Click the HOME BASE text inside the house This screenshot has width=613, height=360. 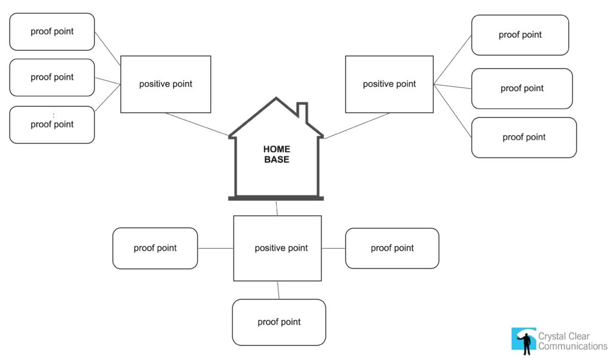point(277,154)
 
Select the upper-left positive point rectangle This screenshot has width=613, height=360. point(166,84)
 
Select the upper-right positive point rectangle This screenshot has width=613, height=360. point(389,84)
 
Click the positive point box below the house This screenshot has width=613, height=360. point(277,248)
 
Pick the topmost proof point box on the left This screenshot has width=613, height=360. point(52,32)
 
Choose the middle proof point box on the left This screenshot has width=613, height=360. point(52,77)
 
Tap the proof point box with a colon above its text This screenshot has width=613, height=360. point(52,125)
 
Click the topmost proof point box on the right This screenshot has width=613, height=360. point(520,35)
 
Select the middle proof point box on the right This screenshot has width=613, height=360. point(521,88)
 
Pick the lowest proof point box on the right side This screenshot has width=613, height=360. point(524,137)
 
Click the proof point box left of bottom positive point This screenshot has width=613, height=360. point(155,248)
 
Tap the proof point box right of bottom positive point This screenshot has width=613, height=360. point(392,248)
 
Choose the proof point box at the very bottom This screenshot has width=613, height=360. point(279,322)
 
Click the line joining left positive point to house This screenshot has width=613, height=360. point(198,124)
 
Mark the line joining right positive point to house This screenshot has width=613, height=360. point(356,126)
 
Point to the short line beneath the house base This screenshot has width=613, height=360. point(277,208)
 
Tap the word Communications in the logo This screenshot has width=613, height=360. point(572,346)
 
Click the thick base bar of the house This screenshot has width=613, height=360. point(276,198)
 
